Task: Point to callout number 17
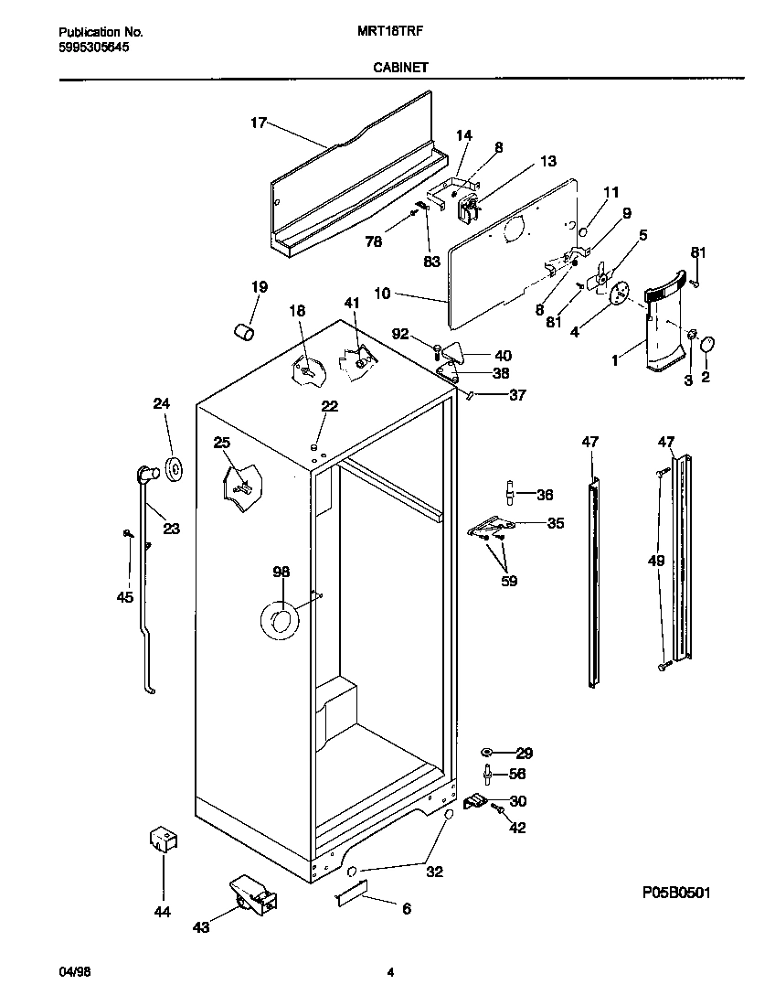pos(258,123)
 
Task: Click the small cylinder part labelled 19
pos(243,330)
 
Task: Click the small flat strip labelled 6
pos(349,894)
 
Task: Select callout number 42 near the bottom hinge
pos(517,829)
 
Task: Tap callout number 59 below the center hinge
pos(509,580)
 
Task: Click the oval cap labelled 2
pos(707,345)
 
